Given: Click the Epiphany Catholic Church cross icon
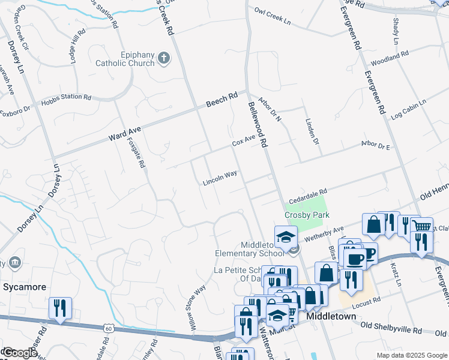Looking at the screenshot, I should [x=163, y=58].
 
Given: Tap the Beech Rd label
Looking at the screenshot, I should [x=222, y=99].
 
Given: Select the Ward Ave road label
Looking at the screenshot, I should [x=124, y=133].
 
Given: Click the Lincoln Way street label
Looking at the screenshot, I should [x=220, y=177].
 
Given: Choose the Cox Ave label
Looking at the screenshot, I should [x=244, y=141].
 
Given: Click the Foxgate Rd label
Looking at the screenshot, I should [x=137, y=152].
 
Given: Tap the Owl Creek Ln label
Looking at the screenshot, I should [x=272, y=16].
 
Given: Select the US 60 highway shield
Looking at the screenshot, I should [x=108, y=328].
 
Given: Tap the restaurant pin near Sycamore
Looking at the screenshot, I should [x=60, y=307].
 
